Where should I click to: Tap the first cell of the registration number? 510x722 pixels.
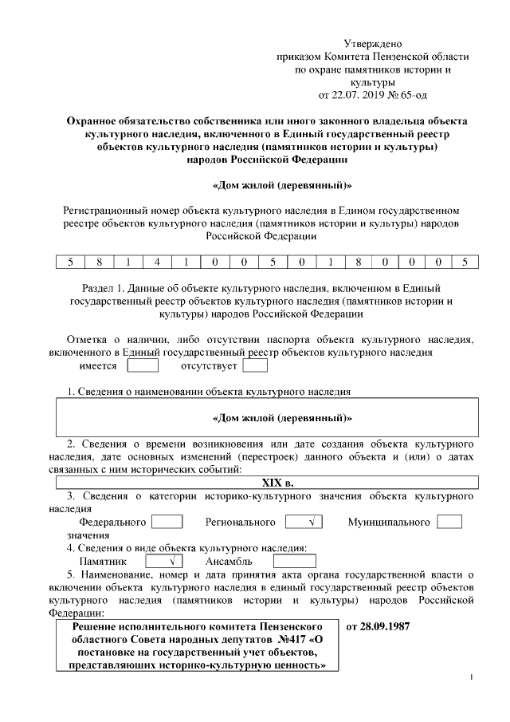coord(70,262)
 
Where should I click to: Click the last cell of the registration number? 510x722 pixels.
coord(465,262)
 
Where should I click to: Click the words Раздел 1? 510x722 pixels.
coord(104,286)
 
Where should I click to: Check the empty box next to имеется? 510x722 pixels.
coord(143,366)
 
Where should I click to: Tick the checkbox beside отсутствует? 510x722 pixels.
coord(254,366)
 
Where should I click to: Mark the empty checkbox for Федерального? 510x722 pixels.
coord(167,522)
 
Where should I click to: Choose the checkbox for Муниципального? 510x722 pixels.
coord(449,522)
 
